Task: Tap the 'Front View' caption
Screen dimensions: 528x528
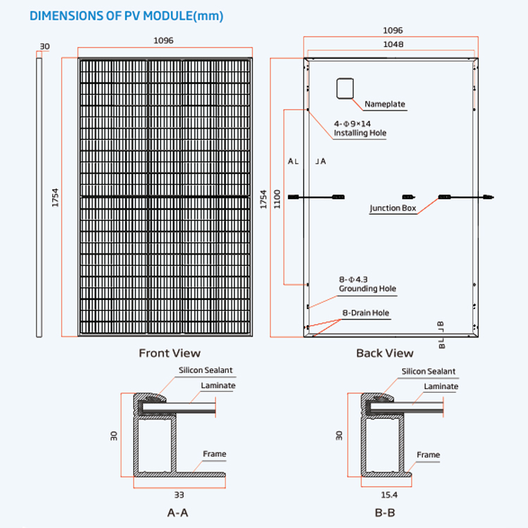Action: point(169,353)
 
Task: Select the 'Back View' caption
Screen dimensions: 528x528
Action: point(384,353)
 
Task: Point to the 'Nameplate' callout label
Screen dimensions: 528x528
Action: point(385,104)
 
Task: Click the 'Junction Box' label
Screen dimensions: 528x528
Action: point(393,208)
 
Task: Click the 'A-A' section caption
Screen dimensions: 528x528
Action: point(177,513)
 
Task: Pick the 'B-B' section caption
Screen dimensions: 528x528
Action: point(384,513)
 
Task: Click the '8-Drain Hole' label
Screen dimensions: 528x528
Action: point(365,313)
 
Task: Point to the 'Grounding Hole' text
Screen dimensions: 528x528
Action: point(367,289)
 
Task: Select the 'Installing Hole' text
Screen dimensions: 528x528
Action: point(360,132)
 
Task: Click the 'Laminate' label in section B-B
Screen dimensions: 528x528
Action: point(441,386)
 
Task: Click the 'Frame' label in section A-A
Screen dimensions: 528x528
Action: point(214,454)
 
